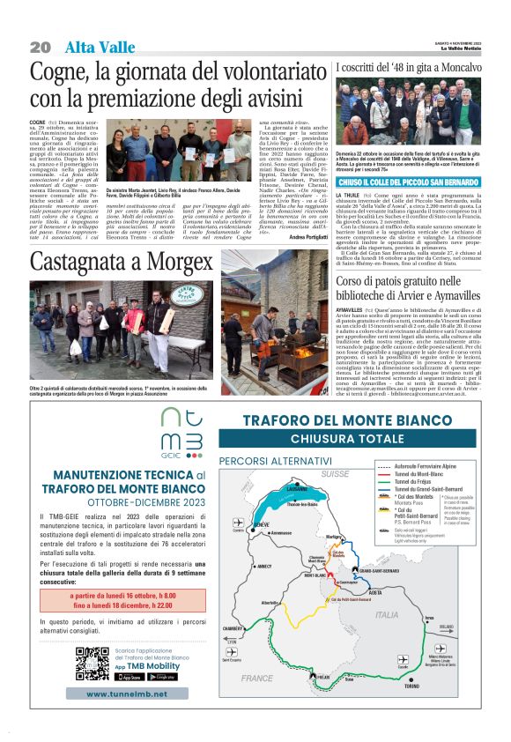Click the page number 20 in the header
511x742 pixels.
(x=41, y=47)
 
